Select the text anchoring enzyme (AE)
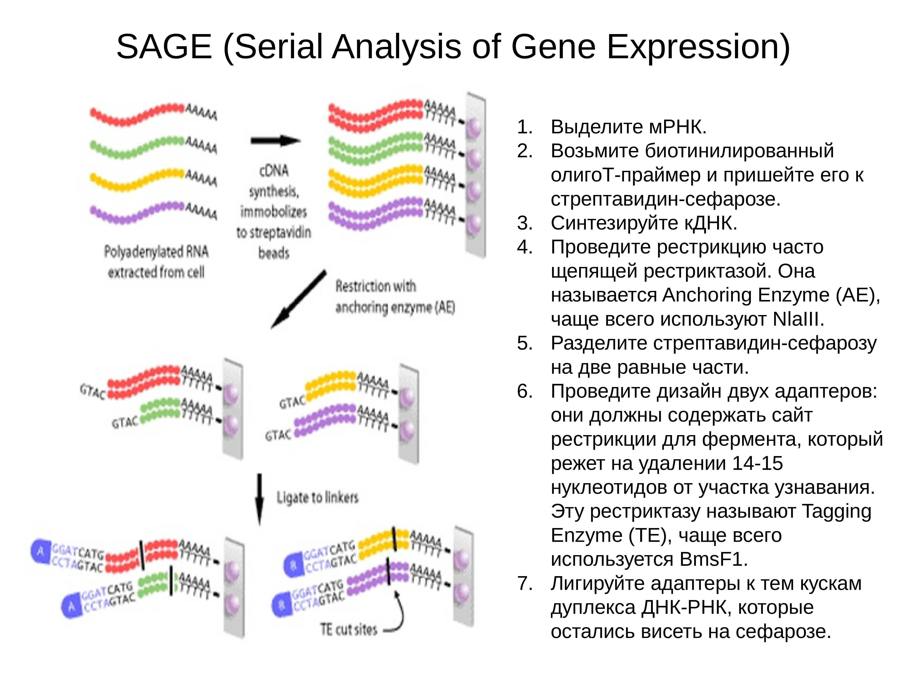[x=395, y=307]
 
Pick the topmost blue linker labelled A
[x=41, y=552]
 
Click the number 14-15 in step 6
[x=757, y=463]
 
